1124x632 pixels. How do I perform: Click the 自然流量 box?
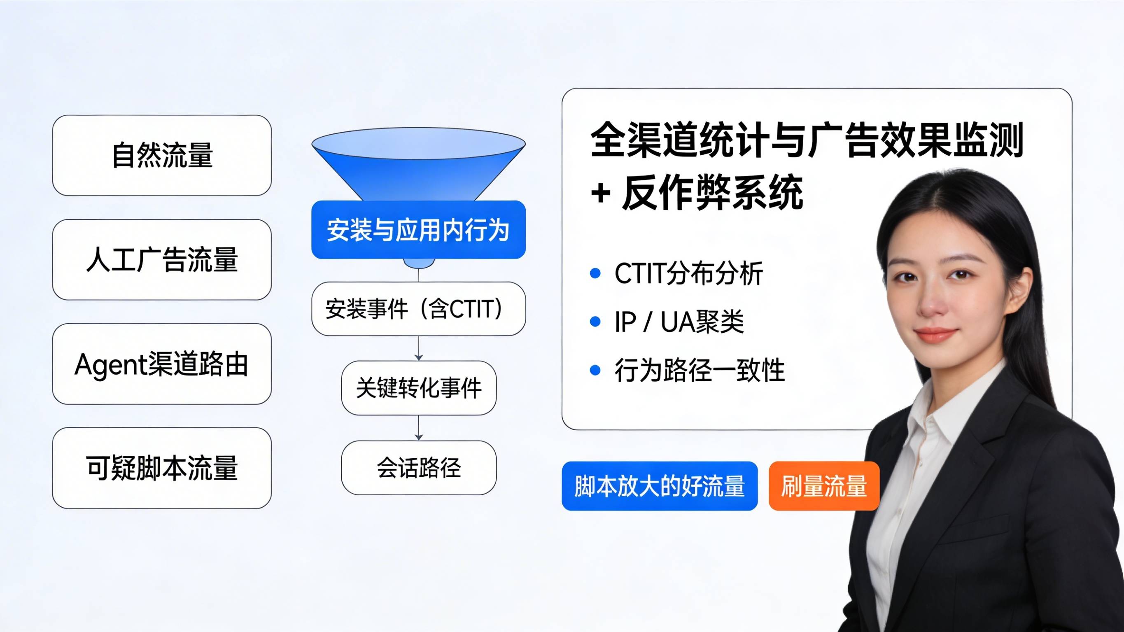162,155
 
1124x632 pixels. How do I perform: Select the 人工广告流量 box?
162,260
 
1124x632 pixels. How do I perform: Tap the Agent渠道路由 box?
162,364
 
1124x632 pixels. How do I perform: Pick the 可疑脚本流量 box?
162,468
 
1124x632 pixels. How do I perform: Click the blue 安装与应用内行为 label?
418,230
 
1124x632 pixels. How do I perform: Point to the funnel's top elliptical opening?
418,143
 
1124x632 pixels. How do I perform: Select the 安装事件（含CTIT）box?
418,308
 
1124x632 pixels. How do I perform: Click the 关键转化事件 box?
418,387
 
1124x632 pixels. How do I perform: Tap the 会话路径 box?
418,467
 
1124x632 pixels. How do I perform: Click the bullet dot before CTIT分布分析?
595,274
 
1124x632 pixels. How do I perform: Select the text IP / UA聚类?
679,322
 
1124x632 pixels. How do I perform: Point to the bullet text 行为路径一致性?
700,370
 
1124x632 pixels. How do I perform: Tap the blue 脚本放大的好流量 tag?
659,486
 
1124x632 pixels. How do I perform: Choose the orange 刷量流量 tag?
823,486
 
